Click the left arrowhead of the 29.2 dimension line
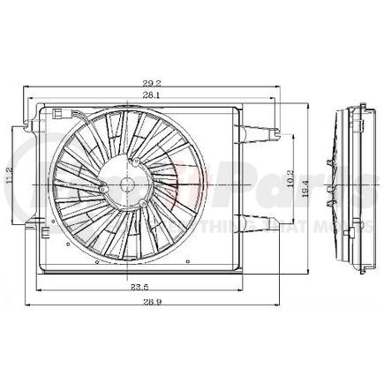pyautogui.click(x=27, y=88)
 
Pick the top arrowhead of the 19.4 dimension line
pyautogui.click(x=305, y=103)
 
